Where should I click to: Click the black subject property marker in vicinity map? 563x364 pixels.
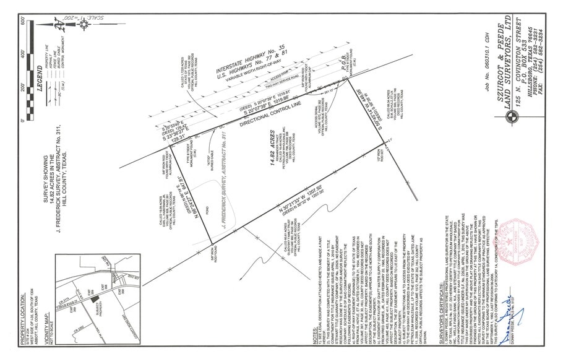[x=93, y=298]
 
